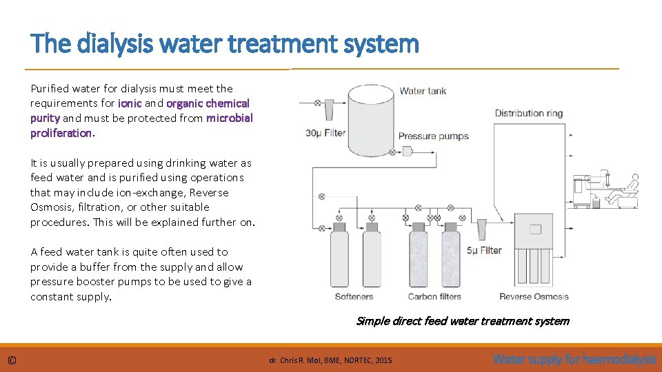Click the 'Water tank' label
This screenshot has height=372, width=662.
423,90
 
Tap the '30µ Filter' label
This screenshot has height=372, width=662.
325,133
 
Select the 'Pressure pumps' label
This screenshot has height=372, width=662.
433,136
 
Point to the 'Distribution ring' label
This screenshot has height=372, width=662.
528,113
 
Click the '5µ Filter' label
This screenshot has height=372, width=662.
484,250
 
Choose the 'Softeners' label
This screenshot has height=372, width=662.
354,297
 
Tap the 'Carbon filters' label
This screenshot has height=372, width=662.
434,297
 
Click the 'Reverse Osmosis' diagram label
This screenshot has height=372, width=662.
534,297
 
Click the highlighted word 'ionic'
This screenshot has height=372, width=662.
130,103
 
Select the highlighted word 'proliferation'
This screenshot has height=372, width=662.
61,133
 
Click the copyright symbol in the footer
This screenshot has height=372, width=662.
12,360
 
